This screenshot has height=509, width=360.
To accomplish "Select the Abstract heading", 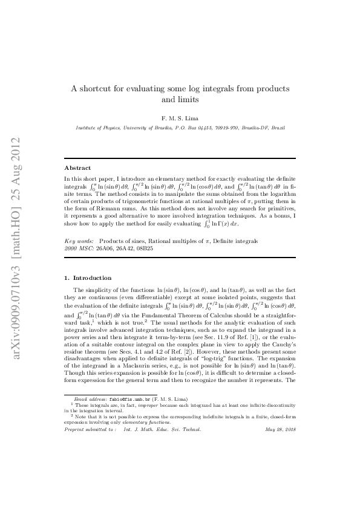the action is [x=77, y=167].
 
